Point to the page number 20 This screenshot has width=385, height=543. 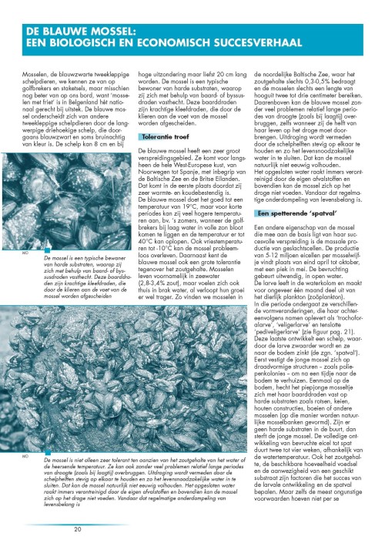(78, 529)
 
